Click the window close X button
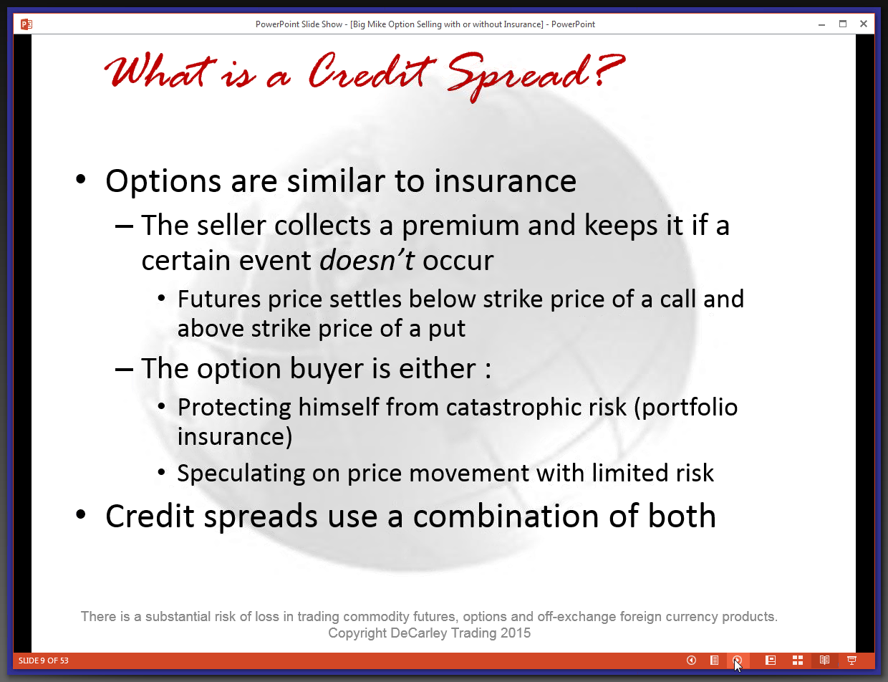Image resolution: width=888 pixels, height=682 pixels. (863, 24)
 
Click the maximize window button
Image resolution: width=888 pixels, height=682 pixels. (843, 24)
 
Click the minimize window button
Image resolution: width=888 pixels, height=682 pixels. (821, 25)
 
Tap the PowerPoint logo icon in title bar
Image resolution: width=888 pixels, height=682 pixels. (26, 24)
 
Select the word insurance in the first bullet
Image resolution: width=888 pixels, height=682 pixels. (505, 181)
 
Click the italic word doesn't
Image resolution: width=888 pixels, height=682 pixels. (367, 260)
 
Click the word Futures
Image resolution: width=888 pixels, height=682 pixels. (219, 299)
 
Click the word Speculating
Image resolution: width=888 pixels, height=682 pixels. (241, 474)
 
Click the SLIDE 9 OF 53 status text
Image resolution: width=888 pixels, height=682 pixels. (43, 661)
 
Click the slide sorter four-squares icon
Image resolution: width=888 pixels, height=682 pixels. (797, 661)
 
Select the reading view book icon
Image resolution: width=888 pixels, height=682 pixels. (825, 661)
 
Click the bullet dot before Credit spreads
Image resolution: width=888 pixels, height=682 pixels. (81, 514)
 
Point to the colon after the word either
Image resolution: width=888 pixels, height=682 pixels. (488, 370)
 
